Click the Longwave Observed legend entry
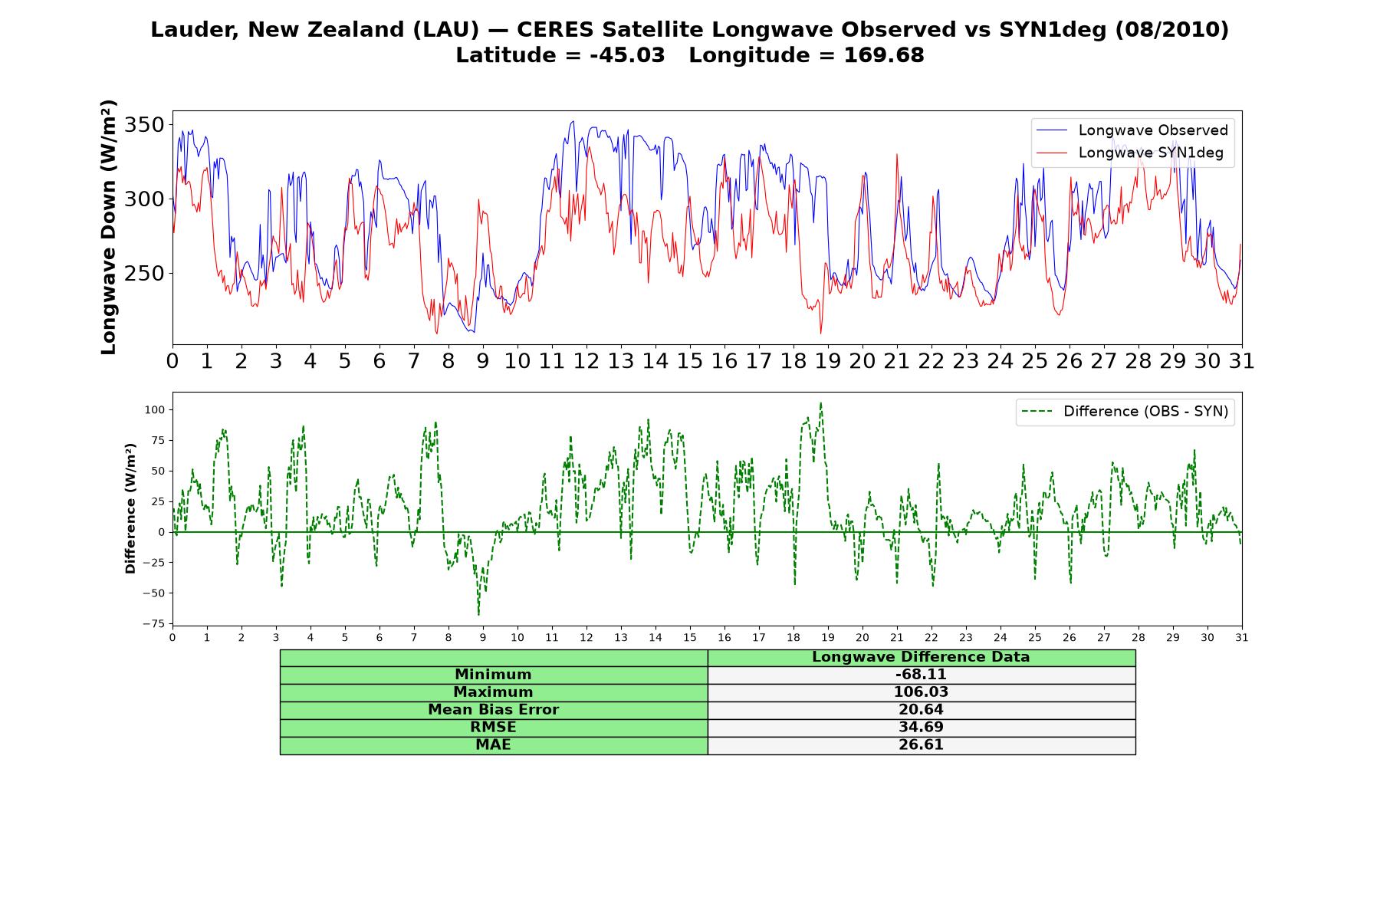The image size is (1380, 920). [x=1132, y=130]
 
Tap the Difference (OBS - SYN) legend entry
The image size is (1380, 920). [x=1125, y=412]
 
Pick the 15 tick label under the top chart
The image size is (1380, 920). [x=690, y=361]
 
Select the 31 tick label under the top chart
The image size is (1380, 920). [x=1242, y=361]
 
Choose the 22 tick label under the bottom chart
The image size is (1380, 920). [x=932, y=638]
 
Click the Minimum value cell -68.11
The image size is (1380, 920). [x=921, y=675]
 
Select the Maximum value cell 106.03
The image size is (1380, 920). [x=921, y=692]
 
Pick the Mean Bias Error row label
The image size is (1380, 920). [x=493, y=710]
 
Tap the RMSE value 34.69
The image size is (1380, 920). [x=921, y=728]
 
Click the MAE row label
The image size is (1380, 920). [x=493, y=745]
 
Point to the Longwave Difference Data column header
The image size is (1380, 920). [x=921, y=657]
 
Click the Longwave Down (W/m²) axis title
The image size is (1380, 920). [x=108, y=227]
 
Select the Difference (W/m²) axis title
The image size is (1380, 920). [x=130, y=508]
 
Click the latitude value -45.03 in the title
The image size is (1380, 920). [x=627, y=55]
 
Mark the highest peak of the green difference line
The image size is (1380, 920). [x=820, y=402]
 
